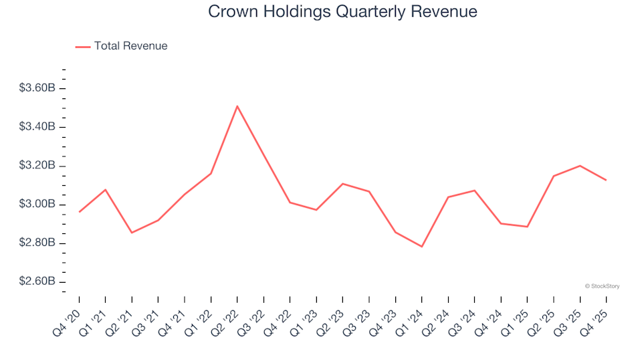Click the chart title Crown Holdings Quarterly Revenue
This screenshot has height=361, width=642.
[342, 12]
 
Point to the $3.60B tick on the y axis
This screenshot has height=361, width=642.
[37, 88]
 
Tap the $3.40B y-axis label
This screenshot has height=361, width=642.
[37, 127]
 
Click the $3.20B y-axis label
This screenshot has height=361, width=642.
[37, 166]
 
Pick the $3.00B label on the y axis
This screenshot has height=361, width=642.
[37, 205]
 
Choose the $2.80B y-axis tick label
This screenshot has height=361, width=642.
[37, 243]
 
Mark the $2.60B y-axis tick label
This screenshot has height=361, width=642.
[37, 281]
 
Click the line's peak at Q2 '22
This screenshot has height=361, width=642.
[237, 106]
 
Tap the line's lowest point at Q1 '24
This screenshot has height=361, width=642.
[422, 247]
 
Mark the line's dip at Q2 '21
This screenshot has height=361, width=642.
[132, 233]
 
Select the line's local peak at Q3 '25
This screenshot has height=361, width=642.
[580, 166]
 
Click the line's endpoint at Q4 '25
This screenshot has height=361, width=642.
[606, 180]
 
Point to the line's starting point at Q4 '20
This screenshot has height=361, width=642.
[79, 212]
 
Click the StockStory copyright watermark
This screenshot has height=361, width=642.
[602, 286]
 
